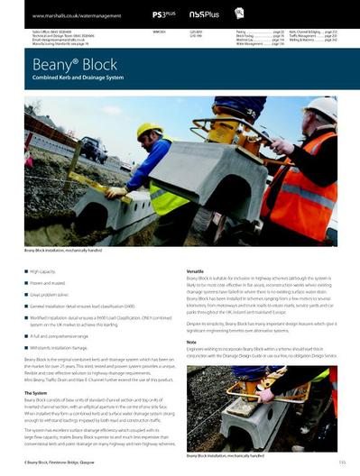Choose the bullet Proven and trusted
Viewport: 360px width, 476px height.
click(x=47, y=282)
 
